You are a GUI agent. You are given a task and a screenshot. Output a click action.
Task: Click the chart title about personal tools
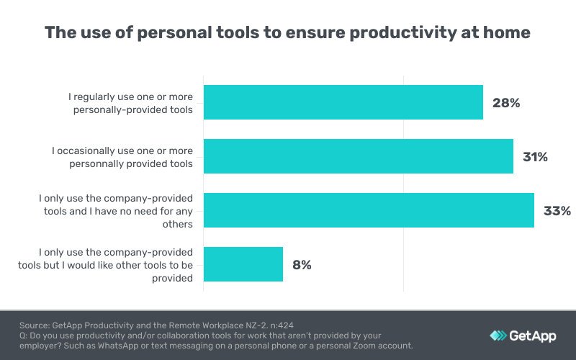[287, 32]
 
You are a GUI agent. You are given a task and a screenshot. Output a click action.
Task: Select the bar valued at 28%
[343, 102]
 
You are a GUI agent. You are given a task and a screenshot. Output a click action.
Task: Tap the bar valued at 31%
[358, 156]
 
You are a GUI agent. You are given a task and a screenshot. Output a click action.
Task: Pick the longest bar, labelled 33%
[369, 210]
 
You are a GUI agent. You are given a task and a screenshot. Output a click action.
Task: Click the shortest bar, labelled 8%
[243, 264]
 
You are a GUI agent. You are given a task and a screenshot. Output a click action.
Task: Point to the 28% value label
[505, 103]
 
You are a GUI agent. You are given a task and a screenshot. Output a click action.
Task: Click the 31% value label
[535, 157]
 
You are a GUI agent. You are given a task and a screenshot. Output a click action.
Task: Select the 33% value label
[557, 211]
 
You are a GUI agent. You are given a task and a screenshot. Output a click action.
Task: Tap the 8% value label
[302, 265]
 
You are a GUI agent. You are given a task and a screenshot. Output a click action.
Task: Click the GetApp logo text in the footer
[534, 335]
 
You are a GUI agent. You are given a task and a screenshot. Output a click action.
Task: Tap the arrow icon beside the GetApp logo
[498, 336]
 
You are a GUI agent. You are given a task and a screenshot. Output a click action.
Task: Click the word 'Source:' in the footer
[34, 325]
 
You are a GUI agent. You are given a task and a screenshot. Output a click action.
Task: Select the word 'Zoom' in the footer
[360, 346]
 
